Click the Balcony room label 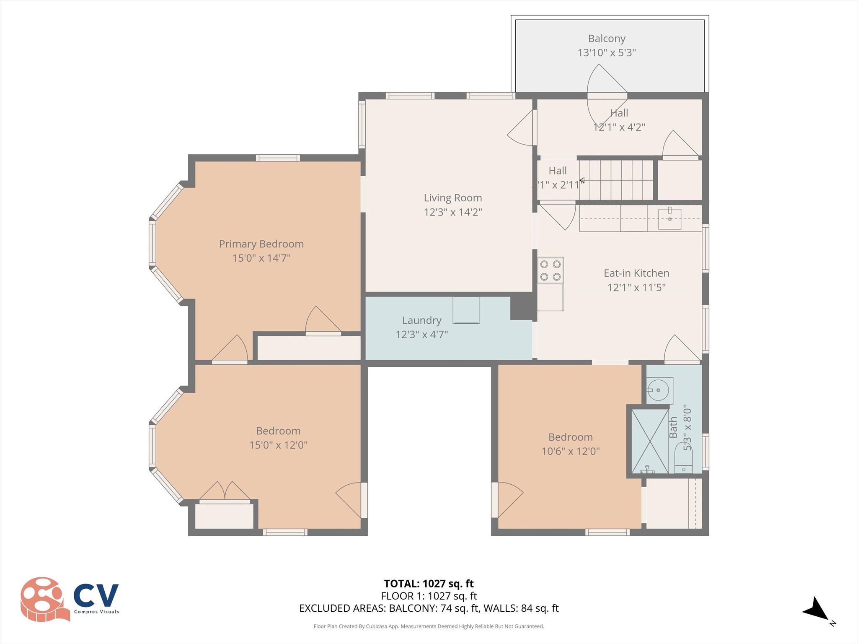coord(606,39)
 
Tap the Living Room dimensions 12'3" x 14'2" coord(452,212)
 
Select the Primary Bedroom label coord(261,244)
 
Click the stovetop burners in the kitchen coord(550,270)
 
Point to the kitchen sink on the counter coord(669,218)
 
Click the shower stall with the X coord(650,441)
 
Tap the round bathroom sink coord(659,390)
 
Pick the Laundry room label coord(421,320)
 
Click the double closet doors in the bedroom coord(225,491)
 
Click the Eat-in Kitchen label coord(636,273)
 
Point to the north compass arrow coord(817,609)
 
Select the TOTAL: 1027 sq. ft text coord(429,584)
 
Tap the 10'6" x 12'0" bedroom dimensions coord(570,452)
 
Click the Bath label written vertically coord(673,427)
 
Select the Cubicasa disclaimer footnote coord(429,626)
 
